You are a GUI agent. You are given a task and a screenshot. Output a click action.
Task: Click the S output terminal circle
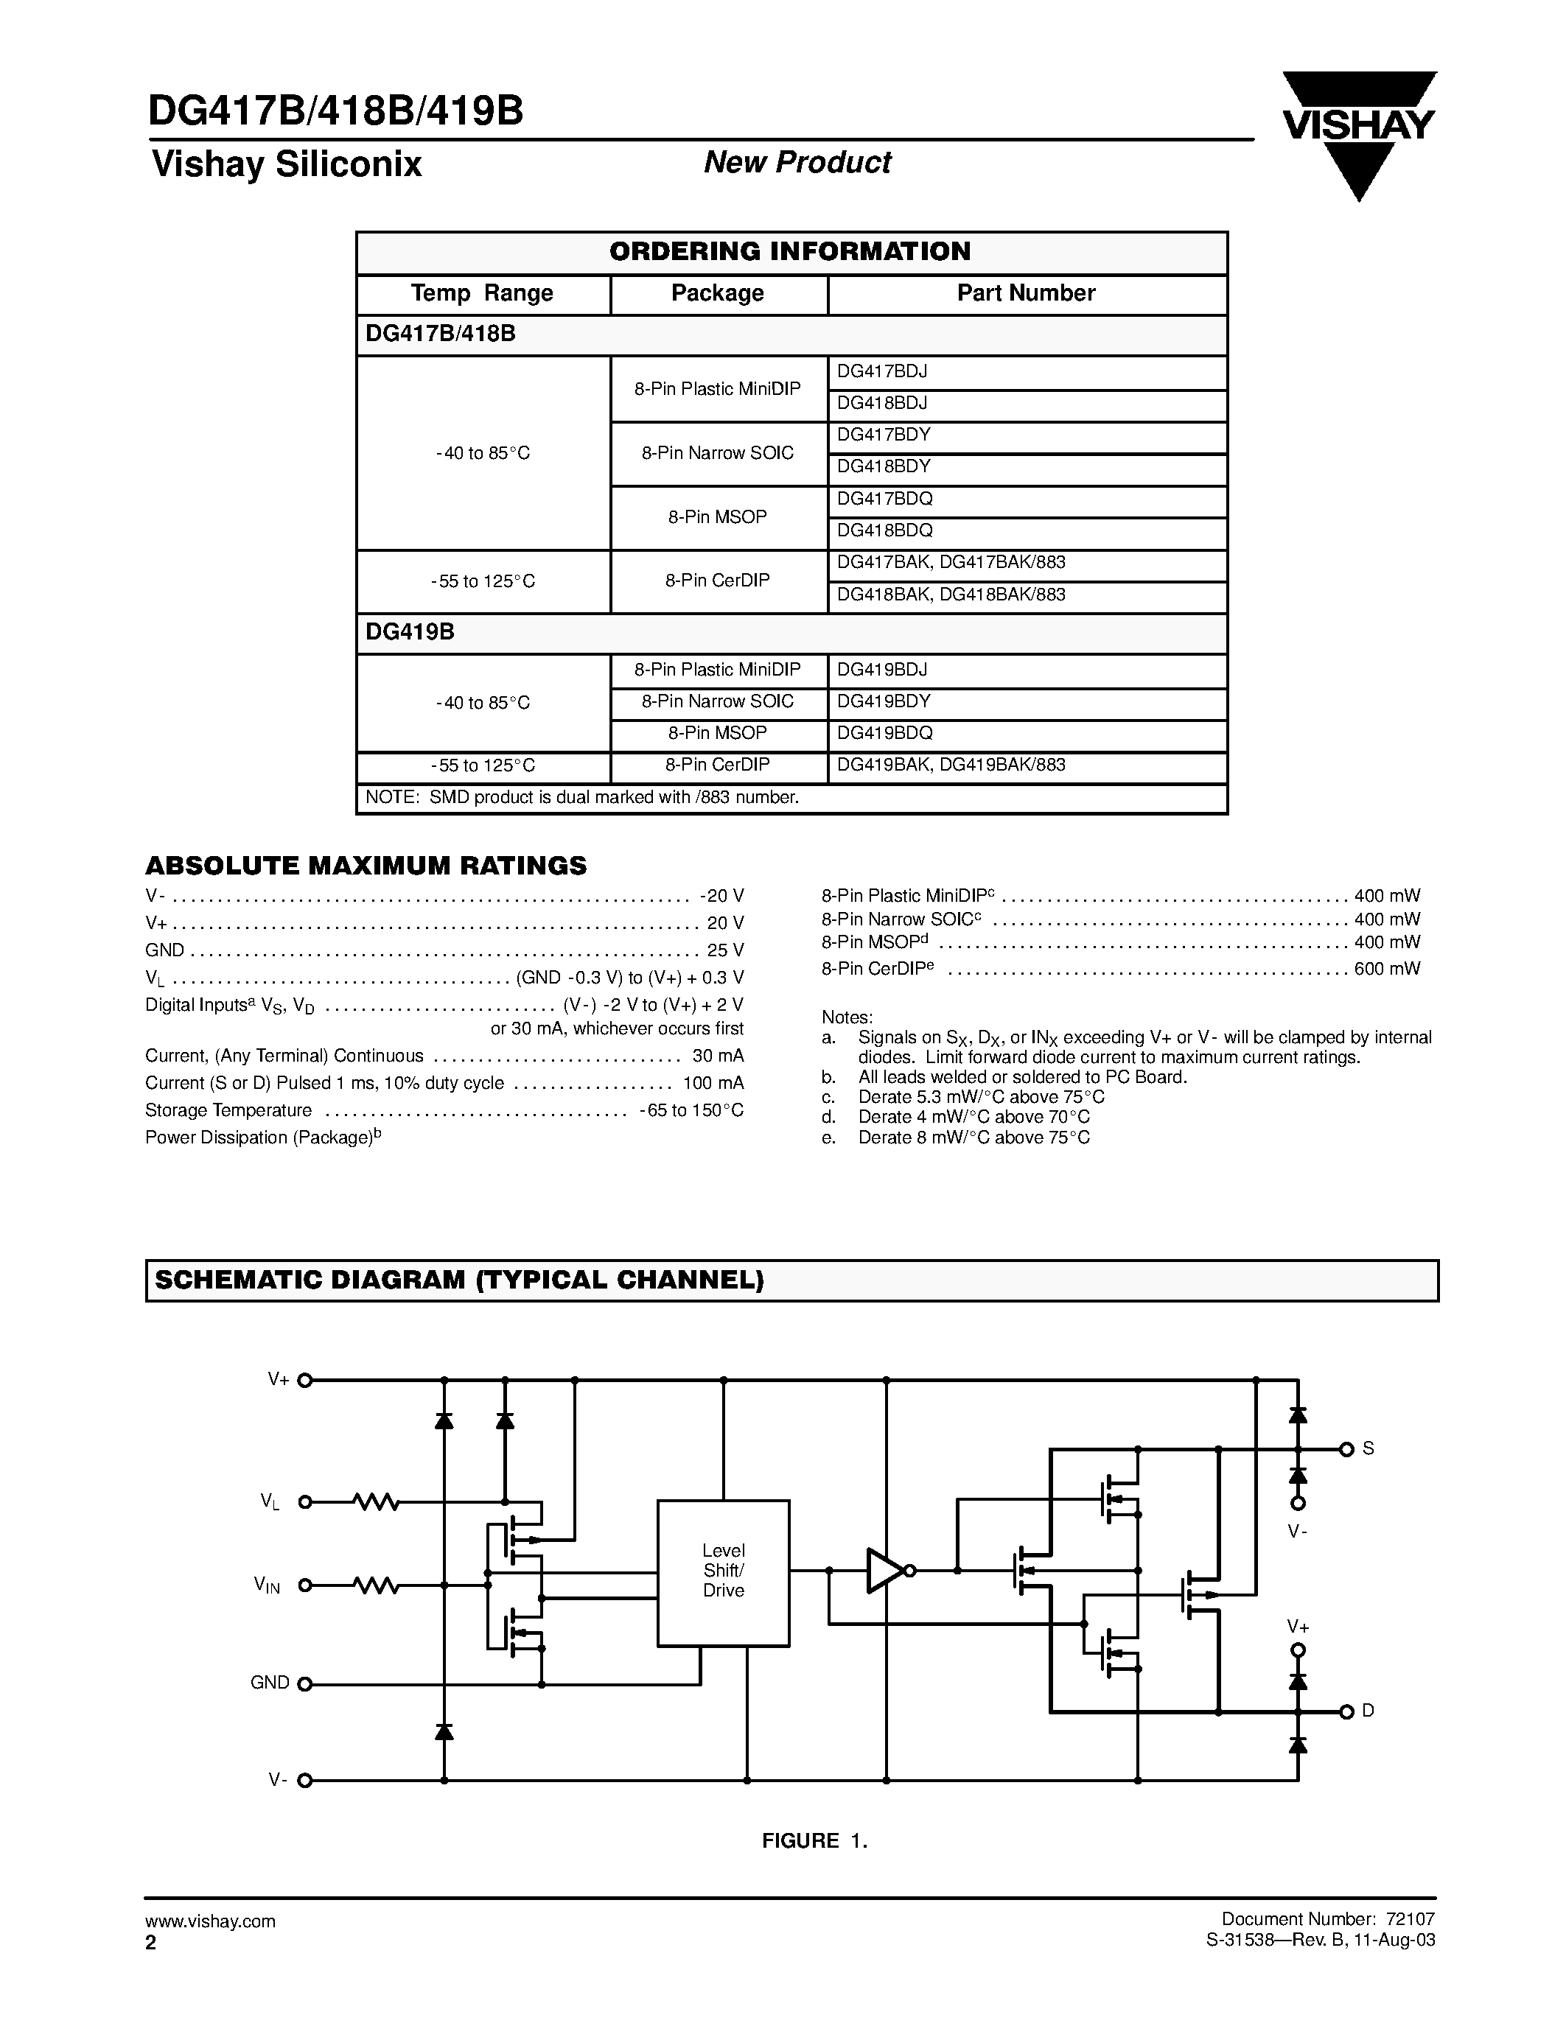[1347, 1449]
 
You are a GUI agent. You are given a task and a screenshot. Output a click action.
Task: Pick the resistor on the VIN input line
[376, 1586]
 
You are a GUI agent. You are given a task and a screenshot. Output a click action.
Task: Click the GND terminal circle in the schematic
[304, 1683]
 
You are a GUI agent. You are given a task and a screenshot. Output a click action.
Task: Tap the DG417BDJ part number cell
[882, 372]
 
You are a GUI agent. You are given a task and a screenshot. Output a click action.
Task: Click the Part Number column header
[1026, 294]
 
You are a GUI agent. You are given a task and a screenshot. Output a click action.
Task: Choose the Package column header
[717, 294]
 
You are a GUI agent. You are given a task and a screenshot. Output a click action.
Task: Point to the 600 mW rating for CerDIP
[1387, 969]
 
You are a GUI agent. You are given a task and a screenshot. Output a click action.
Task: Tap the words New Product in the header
[797, 162]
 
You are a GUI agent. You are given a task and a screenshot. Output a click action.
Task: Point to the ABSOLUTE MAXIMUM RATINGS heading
[366, 866]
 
